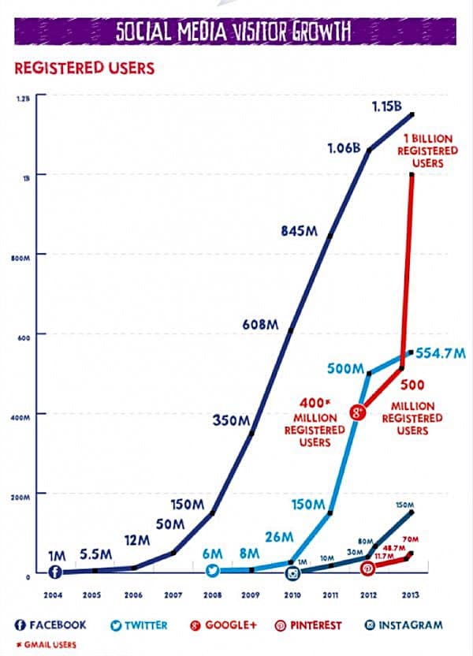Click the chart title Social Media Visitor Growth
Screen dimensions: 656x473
click(233, 32)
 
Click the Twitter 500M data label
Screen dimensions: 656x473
click(344, 368)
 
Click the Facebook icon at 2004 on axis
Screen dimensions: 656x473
click(55, 572)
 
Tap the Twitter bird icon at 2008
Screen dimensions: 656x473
click(212, 571)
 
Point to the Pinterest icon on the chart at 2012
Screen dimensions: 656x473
click(367, 568)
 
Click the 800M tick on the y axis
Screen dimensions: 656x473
click(20, 256)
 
